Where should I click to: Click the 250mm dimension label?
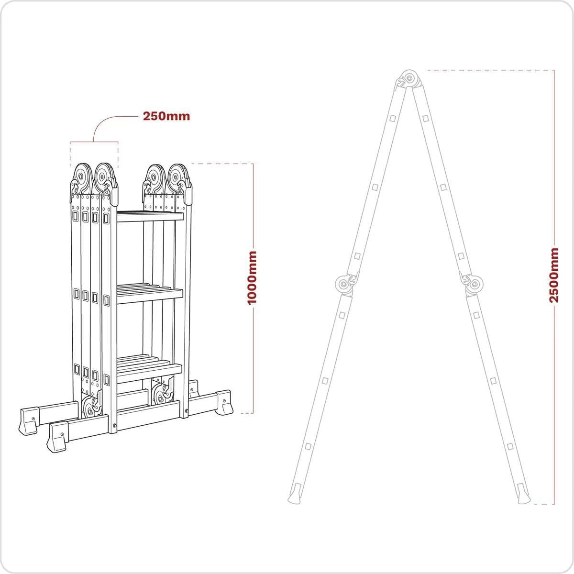tap(166, 116)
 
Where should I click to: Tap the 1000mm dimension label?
tap(252, 277)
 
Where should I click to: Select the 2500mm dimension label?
tap(553, 275)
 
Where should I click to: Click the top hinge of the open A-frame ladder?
tap(409, 78)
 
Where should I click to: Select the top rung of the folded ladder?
tap(150, 216)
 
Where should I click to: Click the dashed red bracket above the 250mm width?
tap(94, 142)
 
